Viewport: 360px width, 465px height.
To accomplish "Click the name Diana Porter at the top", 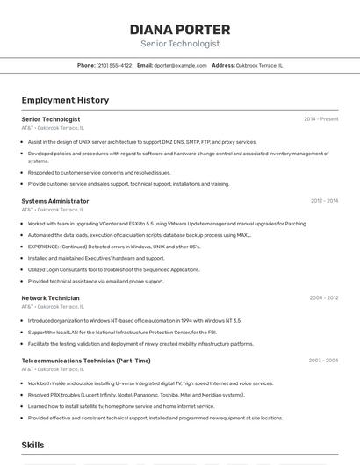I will (180, 30).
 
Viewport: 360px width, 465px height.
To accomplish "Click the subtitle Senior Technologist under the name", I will (180, 44).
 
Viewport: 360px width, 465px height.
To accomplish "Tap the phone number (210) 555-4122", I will (114, 66).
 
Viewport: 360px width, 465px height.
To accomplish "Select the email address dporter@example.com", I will (180, 66).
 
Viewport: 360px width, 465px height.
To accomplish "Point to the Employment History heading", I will (65, 101).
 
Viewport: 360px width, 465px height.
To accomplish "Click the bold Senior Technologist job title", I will (51, 119).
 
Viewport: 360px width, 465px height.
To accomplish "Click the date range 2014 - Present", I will (320, 119).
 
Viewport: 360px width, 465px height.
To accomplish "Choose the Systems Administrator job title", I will (55, 201).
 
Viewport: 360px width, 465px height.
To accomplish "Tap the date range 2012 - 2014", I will (324, 201).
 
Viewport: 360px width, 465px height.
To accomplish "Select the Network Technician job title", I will (51, 298).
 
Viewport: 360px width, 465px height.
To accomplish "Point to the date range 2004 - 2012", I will (324, 298).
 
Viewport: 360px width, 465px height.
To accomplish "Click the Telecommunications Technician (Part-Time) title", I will (86, 361).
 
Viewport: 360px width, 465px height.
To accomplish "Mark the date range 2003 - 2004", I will (323, 361).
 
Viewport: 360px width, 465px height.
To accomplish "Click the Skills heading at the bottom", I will (33, 446).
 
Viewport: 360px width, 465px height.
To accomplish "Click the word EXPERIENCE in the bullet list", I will (46, 247).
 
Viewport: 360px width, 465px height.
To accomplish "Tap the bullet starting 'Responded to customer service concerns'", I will (99, 173).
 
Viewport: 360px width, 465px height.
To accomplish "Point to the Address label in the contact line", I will (223, 66).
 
